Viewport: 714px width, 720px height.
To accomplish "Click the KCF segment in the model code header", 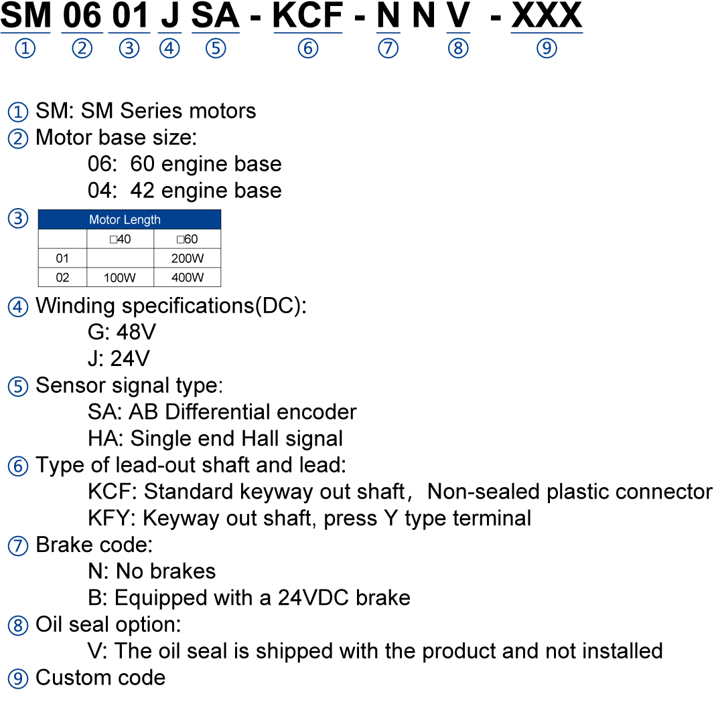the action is (x=307, y=15).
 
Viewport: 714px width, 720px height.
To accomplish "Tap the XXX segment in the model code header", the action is (x=547, y=15).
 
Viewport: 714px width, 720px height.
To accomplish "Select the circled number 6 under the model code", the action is (x=307, y=48).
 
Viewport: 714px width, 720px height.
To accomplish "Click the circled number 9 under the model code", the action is (x=547, y=48).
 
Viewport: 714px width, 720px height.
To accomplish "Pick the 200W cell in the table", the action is (x=188, y=258).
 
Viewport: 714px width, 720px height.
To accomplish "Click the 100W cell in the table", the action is (x=119, y=277).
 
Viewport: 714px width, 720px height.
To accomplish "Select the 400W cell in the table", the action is (x=188, y=277).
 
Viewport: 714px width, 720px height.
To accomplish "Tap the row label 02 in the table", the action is (x=62, y=277).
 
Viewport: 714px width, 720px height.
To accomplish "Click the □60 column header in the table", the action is (x=187, y=239).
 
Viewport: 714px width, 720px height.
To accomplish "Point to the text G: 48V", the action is (x=122, y=331).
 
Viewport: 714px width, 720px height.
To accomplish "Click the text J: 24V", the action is (x=119, y=358).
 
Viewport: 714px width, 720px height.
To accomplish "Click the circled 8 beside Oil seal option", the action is (x=18, y=625).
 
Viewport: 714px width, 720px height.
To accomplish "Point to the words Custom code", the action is (x=100, y=678).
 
